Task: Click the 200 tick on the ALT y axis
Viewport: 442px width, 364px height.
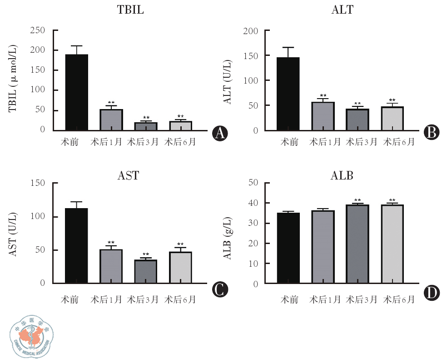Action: [251, 31]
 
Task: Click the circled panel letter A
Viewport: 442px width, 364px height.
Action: [220, 133]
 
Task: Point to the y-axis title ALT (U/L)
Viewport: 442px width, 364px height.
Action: [228, 82]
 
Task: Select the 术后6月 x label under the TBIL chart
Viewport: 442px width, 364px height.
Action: [180, 142]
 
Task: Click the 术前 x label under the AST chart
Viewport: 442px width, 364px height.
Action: [70, 300]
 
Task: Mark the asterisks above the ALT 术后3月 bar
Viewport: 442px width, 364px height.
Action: [357, 104]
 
